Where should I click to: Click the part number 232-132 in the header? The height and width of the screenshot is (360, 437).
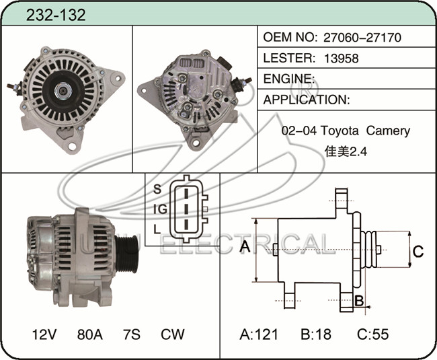pyautogui.click(x=56, y=15)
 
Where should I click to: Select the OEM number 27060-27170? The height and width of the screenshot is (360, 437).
pyautogui.click(x=362, y=38)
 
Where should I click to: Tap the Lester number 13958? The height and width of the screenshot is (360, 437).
pyautogui.click(x=342, y=59)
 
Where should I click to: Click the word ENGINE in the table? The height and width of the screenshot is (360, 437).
pyautogui.click(x=287, y=79)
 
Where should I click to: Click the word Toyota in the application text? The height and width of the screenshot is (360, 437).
pyautogui.click(x=339, y=131)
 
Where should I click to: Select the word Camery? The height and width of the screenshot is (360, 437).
pyautogui.click(x=388, y=131)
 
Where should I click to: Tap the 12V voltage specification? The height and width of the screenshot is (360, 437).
pyautogui.click(x=44, y=334)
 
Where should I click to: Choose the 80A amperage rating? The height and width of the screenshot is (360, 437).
pyautogui.click(x=89, y=334)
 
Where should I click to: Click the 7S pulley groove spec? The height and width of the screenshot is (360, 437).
pyautogui.click(x=132, y=334)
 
